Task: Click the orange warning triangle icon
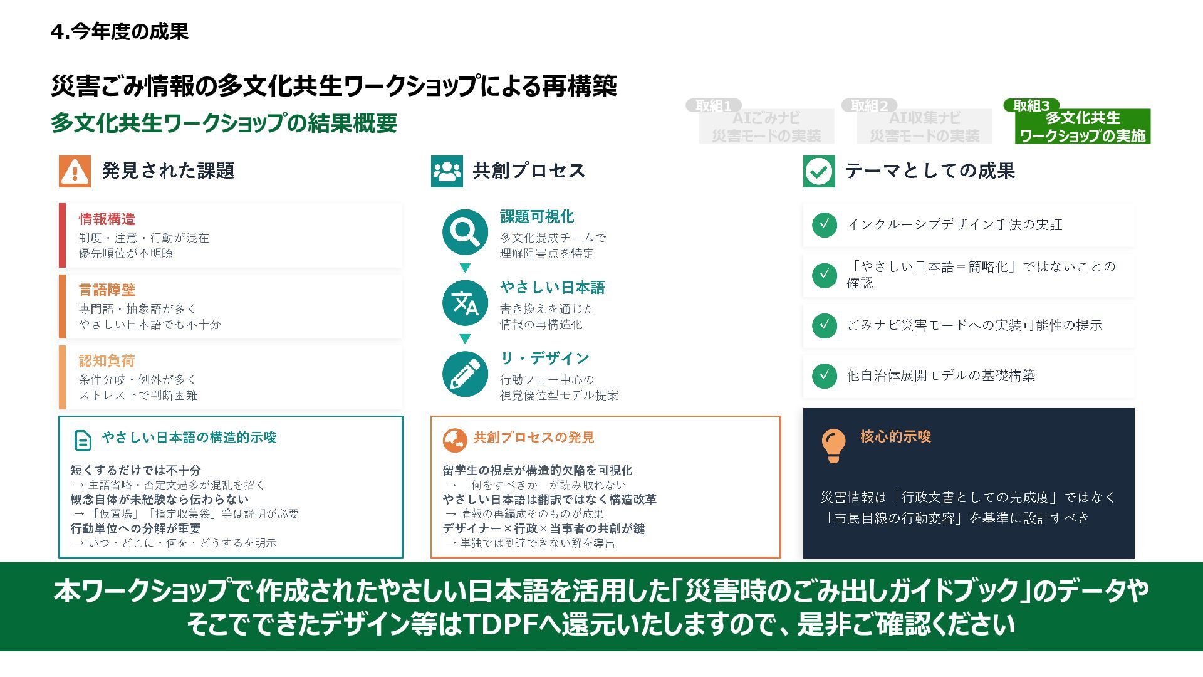click(75, 171)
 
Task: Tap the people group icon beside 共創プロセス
click(447, 171)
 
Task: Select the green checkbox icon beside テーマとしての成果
click(819, 171)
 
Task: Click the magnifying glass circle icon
click(465, 232)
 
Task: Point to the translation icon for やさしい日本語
click(465, 303)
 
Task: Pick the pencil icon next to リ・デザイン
click(465, 374)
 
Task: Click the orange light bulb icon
click(833, 445)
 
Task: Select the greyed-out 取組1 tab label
click(714, 106)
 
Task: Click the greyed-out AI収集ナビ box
click(924, 127)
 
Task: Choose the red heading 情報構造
click(107, 219)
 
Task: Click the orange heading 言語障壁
click(107, 290)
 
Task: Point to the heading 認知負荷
click(107, 361)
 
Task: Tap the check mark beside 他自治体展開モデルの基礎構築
click(824, 375)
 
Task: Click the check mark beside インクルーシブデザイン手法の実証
click(824, 224)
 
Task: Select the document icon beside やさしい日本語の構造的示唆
click(82, 440)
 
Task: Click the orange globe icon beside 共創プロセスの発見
click(455, 440)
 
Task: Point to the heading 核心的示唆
click(895, 436)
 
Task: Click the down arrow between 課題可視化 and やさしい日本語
click(465, 268)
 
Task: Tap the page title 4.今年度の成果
click(120, 31)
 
